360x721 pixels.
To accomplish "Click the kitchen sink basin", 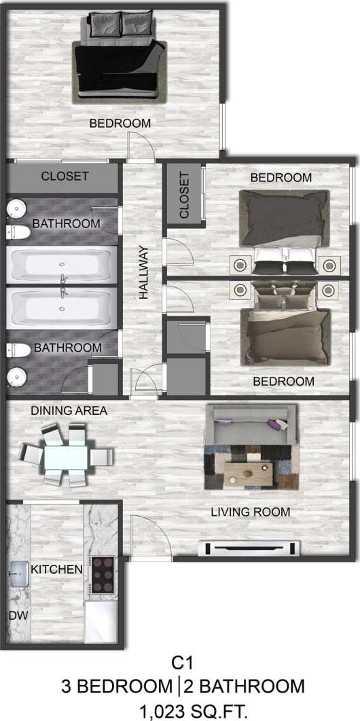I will [19, 574].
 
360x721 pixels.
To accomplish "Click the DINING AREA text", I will [69, 411].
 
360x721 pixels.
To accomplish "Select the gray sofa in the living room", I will [251, 426].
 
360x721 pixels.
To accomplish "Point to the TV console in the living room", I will [249, 547].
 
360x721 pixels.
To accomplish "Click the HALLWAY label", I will [144, 272].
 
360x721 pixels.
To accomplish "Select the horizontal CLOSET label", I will [65, 177].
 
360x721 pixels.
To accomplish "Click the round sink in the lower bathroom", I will [16, 375].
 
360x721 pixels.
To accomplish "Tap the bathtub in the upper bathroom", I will [62, 266].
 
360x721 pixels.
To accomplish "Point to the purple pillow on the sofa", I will [276, 425].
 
